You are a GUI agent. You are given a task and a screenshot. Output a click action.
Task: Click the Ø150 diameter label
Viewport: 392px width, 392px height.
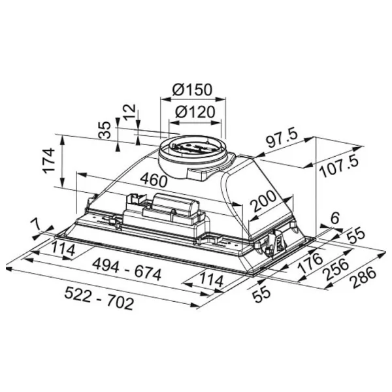(192, 90)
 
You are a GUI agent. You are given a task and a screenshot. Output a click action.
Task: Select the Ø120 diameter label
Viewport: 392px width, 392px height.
(195, 112)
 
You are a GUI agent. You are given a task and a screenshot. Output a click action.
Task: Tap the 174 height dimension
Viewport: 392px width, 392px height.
(49, 161)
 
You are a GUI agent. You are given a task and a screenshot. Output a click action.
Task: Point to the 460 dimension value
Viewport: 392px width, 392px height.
(154, 180)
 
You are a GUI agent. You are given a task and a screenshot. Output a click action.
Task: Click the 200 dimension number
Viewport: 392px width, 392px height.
(265, 201)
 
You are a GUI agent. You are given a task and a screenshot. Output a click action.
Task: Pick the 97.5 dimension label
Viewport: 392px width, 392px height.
(282, 139)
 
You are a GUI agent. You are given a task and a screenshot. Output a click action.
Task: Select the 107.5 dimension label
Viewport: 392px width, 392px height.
(338, 166)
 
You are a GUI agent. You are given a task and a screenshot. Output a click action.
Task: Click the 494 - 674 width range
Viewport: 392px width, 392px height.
(127, 270)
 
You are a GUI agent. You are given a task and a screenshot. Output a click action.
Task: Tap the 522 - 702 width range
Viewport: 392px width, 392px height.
(99, 299)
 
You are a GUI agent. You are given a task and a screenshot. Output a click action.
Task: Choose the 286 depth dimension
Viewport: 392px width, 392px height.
(364, 277)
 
